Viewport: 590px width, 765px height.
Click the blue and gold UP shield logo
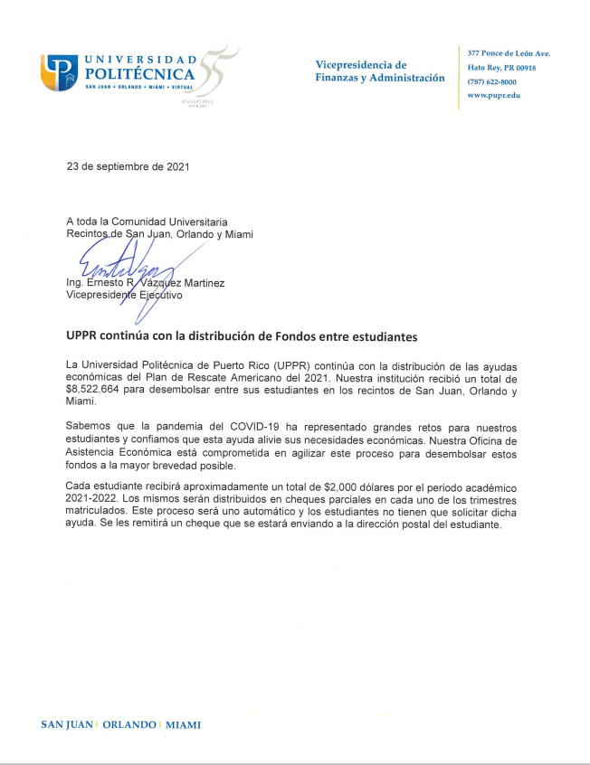(x=59, y=72)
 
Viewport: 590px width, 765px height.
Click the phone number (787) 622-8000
(x=492, y=81)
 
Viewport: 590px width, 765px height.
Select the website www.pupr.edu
(x=493, y=95)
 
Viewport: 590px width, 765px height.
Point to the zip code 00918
(x=523, y=68)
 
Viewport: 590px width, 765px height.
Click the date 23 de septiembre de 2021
(x=128, y=166)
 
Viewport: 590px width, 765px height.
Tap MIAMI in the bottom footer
(x=183, y=725)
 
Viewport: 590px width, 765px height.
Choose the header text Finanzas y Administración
(x=379, y=78)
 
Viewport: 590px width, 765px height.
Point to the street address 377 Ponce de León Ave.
(x=508, y=53)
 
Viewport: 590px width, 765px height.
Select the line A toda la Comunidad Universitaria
(x=147, y=222)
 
